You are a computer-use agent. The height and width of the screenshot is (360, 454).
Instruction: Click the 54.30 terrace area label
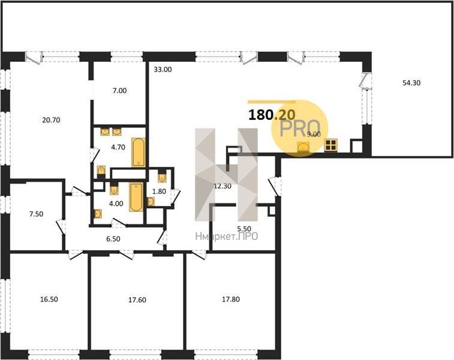coord(411,83)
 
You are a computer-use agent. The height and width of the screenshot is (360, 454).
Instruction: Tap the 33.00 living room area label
coord(163,70)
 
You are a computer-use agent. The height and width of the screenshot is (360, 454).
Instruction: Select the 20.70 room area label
coord(51,119)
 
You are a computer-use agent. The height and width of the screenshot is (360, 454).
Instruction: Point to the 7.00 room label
coord(119,91)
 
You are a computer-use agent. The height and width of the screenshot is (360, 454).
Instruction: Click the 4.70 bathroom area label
coord(118,147)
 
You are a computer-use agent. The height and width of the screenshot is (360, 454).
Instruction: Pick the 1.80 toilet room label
coord(160,191)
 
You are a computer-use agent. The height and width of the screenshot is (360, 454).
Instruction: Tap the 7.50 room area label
coord(36,214)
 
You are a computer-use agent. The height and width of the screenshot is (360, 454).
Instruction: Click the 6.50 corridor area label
coord(113,239)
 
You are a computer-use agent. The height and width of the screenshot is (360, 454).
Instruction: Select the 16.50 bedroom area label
coord(49,299)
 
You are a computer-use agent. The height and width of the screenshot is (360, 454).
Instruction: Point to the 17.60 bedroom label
coord(137,300)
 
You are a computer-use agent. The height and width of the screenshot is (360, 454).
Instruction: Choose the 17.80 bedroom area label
coord(231,299)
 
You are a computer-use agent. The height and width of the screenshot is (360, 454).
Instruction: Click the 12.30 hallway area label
coord(223,186)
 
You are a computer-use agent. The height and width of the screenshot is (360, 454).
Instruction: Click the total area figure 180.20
coord(272,115)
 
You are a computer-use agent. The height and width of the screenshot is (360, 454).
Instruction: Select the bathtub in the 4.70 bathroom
coord(139,152)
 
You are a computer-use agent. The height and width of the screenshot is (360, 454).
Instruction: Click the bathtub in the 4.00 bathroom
coord(136,197)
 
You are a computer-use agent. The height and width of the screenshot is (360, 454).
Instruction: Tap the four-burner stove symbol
coord(331,145)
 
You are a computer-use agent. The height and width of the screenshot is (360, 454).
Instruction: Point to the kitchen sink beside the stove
coord(303,147)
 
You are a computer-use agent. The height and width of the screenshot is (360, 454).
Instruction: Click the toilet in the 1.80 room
coord(163,178)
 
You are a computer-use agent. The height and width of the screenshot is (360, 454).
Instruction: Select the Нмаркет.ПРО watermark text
coord(227,236)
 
